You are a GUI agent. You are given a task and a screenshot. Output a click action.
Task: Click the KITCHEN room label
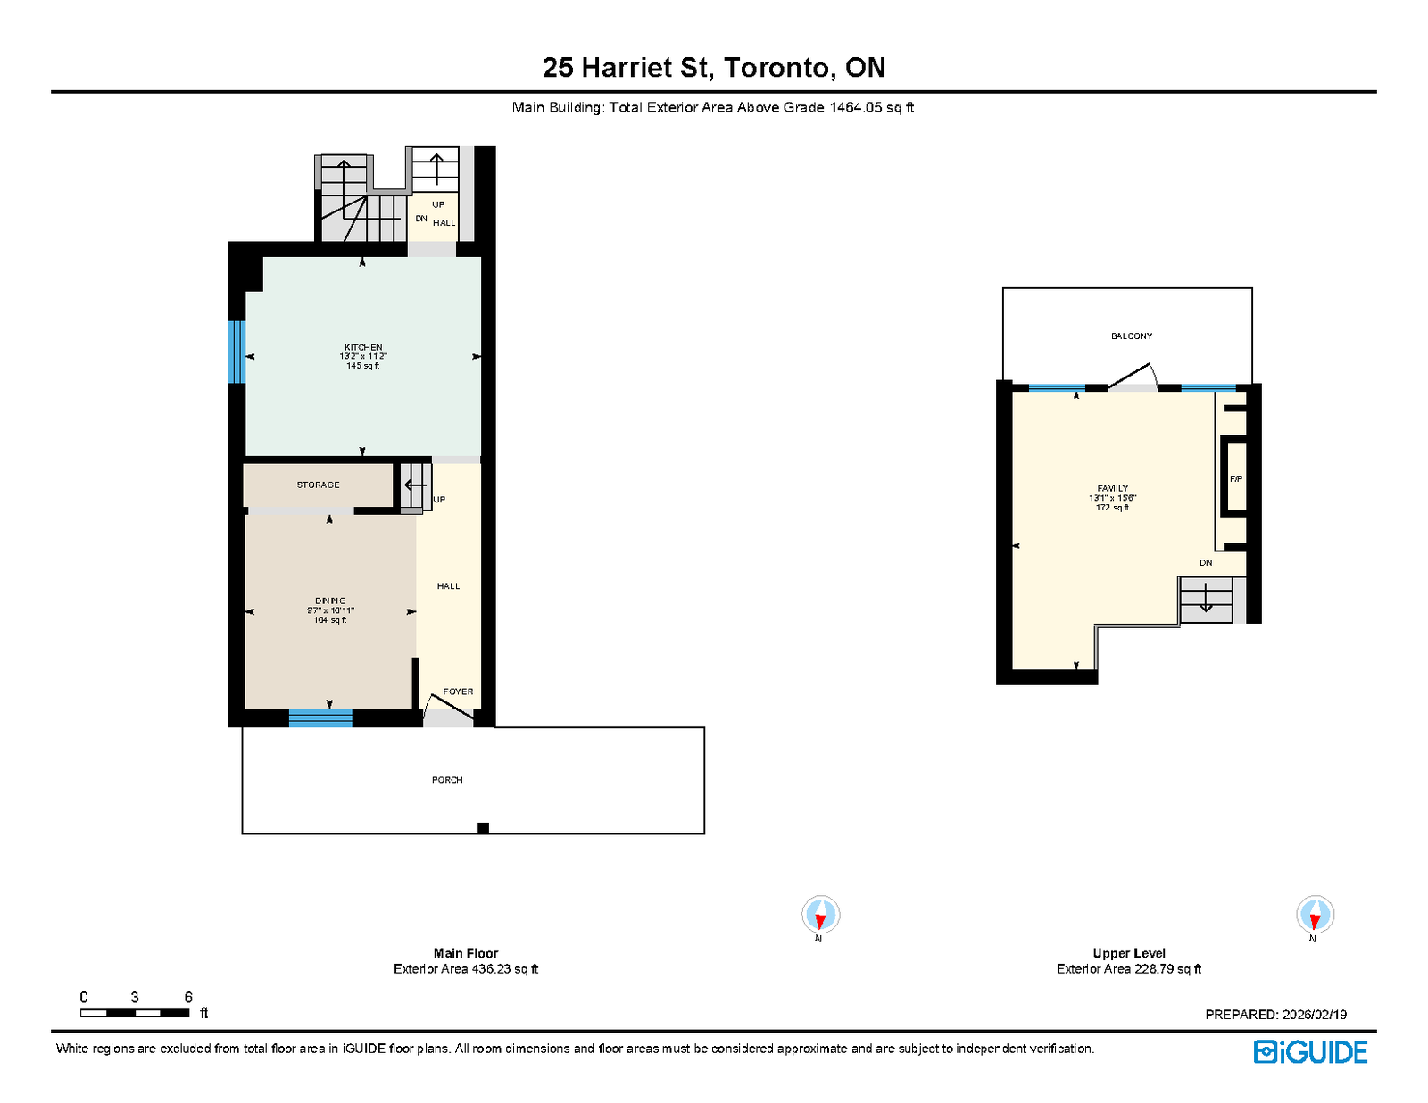click(362, 347)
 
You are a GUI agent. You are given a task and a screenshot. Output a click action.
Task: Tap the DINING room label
click(330, 601)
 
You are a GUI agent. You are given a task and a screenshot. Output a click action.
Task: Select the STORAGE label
click(318, 485)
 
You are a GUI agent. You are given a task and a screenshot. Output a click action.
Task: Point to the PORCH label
click(447, 780)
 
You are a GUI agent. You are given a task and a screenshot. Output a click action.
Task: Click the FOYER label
click(457, 692)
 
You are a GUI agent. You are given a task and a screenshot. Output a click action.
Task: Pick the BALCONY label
click(1131, 336)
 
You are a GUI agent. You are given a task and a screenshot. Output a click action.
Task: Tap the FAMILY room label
click(1112, 488)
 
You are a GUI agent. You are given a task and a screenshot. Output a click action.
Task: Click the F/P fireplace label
click(1235, 479)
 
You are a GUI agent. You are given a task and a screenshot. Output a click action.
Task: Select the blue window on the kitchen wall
click(237, 352)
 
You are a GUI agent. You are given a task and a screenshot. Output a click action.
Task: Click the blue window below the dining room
click(320, 718)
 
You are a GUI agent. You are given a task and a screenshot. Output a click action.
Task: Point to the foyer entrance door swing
click(448, 708)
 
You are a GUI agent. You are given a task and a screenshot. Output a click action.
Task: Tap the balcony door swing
click(1133, 377)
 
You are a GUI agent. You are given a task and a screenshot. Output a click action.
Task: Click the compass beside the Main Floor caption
click(820, 914)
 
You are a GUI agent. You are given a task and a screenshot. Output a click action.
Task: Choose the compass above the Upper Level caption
click(1315, 914)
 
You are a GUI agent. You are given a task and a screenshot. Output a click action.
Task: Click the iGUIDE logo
click(1309, 1052)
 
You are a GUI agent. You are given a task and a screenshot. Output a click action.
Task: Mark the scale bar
click(135, 1013)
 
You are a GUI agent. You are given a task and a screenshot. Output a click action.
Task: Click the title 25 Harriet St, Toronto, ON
click(714, 68)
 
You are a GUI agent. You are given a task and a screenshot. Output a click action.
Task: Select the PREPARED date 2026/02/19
click(1315, 1015)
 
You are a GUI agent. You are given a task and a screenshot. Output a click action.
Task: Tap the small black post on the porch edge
click(483, 828)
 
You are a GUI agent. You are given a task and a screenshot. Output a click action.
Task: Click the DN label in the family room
click(1205, 563)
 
